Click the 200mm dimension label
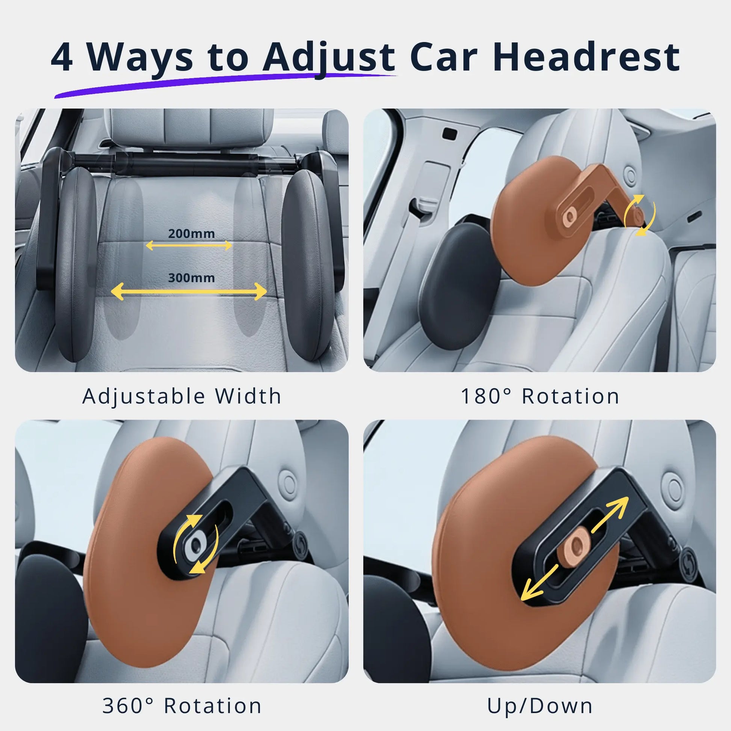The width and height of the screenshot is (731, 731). pyautogui.click(x=191, y=233)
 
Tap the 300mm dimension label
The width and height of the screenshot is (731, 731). pyautogui.click(x=191, y=278)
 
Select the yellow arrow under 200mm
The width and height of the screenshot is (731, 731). pyautogui.click(x=189, y=246)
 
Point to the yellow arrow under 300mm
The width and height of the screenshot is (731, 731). pyautogui.click(x=189, y=291)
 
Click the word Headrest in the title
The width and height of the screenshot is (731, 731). pyautogui.click(x=586, y=57)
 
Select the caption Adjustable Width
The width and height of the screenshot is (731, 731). pyautogui.click(x=181, y=396)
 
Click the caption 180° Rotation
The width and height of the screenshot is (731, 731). pyautogui.click(x=540, y=396)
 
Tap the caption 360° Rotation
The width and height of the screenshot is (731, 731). pyautogui.click(x=181, y=706)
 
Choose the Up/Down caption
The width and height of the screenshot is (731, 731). pyautogui.click(x=540, y=706)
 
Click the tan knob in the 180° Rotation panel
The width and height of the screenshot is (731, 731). pyautogui.click(x=568, y=218)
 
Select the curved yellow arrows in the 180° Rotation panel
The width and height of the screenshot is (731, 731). pyautogui.click(x=640, y=215)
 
